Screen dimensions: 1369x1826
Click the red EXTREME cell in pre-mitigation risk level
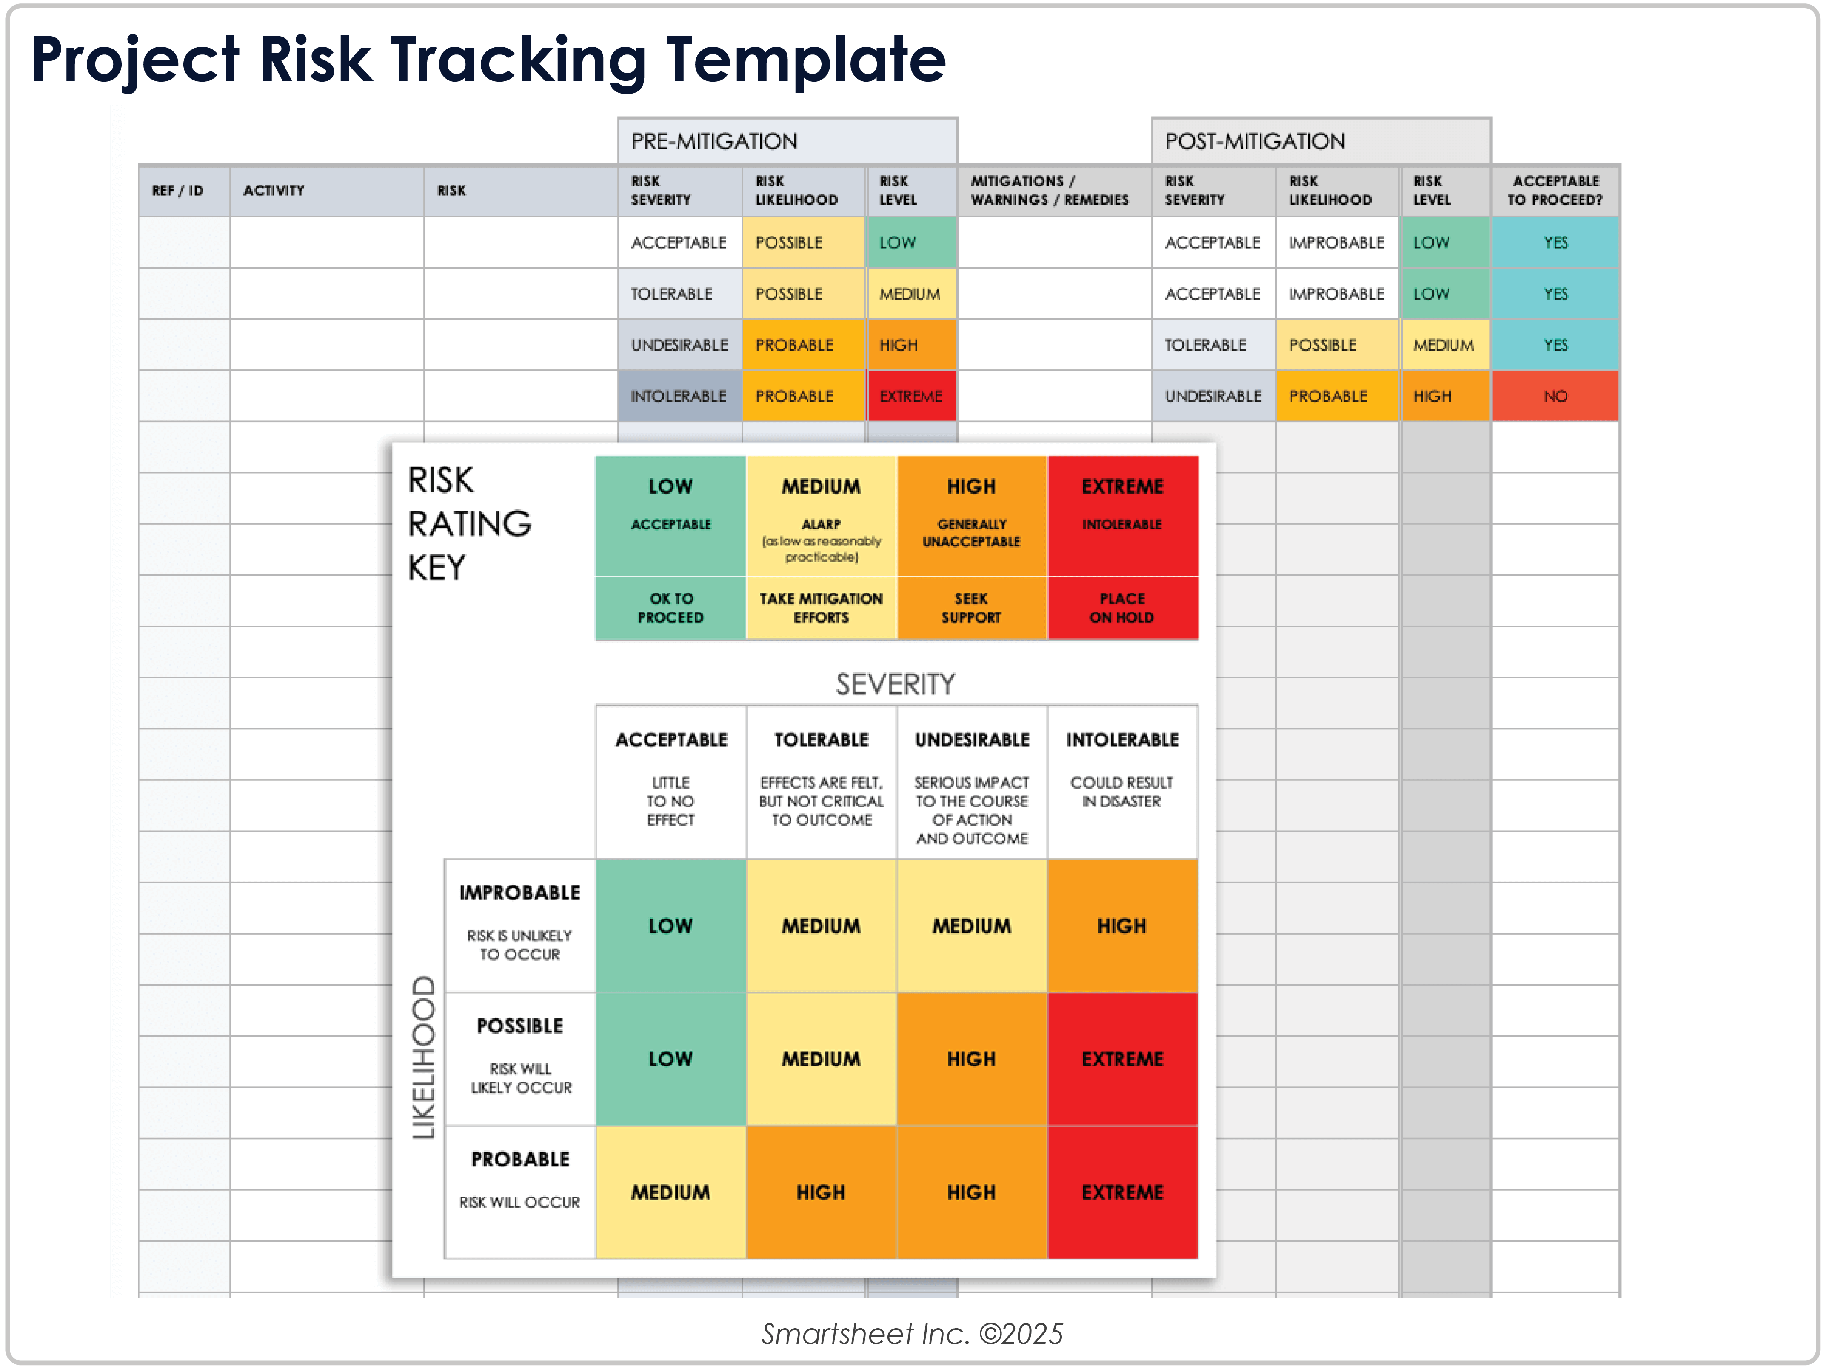[x=910, y=396]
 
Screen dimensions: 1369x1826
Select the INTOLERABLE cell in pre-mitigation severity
[x=679, y=396]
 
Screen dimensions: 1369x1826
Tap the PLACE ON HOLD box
[x=1122, y=608]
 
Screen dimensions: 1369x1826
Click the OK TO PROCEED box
[x=670, y=608]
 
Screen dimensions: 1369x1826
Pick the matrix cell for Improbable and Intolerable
[x=1122, y=926]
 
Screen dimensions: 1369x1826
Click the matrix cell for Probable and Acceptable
[x=670, y=1192]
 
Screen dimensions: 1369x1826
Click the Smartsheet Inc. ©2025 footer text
[x=912, y=1334]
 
